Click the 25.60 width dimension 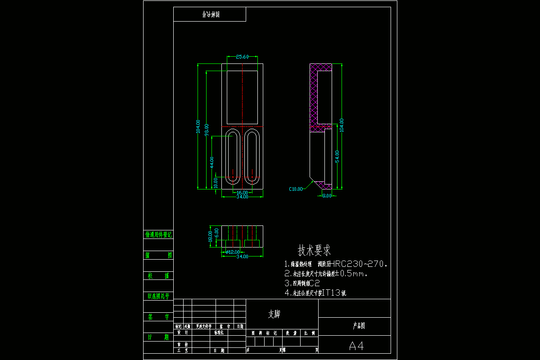click(242, 57)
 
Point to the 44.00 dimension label click(212, 162)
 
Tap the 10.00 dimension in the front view click(216, 182)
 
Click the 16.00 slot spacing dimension click(242, 193)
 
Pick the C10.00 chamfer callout click(296, 189)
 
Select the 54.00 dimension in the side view click(337, 156)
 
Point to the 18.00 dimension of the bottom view click(210, 236)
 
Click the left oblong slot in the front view click(233, 156)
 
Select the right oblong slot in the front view click(252, 156)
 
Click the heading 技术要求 click(314, 250)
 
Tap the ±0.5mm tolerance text click(353, 274)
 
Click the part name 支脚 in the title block click(274, 314)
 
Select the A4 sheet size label click(356, 346)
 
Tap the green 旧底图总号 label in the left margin click(158, 296)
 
